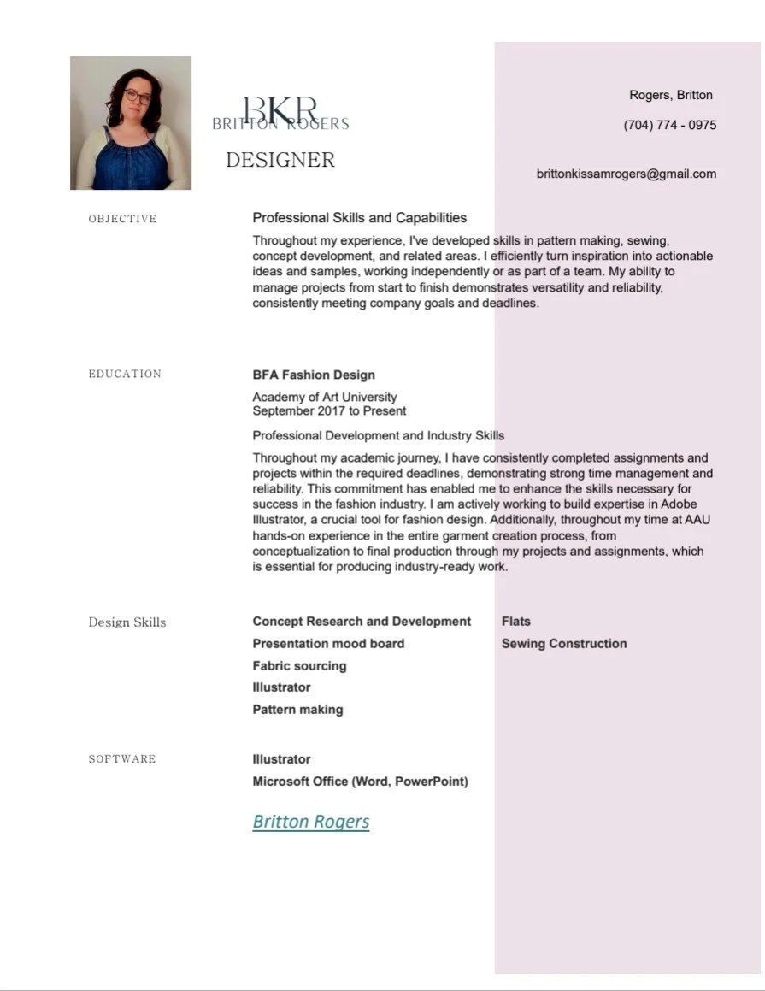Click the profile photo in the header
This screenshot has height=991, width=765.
tap(131, 122)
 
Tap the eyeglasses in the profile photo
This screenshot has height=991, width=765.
tap(137, 96)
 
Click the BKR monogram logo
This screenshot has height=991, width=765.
tap(280, 110)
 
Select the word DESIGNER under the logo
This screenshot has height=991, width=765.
tap(280, 160)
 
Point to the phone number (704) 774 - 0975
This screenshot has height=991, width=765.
tap(670, 125)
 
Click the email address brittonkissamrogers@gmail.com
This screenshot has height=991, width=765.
tap(627, 174)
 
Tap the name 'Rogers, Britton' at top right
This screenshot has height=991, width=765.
tap(671, 95)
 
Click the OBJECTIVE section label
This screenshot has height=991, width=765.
tap(123, 219)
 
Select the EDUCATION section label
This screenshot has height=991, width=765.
tap(125, 374)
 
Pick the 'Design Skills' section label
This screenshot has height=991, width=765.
tap(127, 622)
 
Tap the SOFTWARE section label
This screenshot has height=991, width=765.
tap(122, 759)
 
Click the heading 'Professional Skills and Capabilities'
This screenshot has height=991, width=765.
tap(360, 218)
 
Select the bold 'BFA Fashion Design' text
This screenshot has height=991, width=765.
tap(314, 375)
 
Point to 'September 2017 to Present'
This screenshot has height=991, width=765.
tap(329, 410)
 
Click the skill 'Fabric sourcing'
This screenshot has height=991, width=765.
tap(299, 665)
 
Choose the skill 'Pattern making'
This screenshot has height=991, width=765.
tap(297, 709)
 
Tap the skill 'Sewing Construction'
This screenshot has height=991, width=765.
tap(564, 643)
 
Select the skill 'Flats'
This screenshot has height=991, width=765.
tap(516, 622)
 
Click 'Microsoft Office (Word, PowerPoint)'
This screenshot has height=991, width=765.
tap(360, 781)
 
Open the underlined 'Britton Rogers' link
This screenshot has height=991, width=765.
tap(311, 822)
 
